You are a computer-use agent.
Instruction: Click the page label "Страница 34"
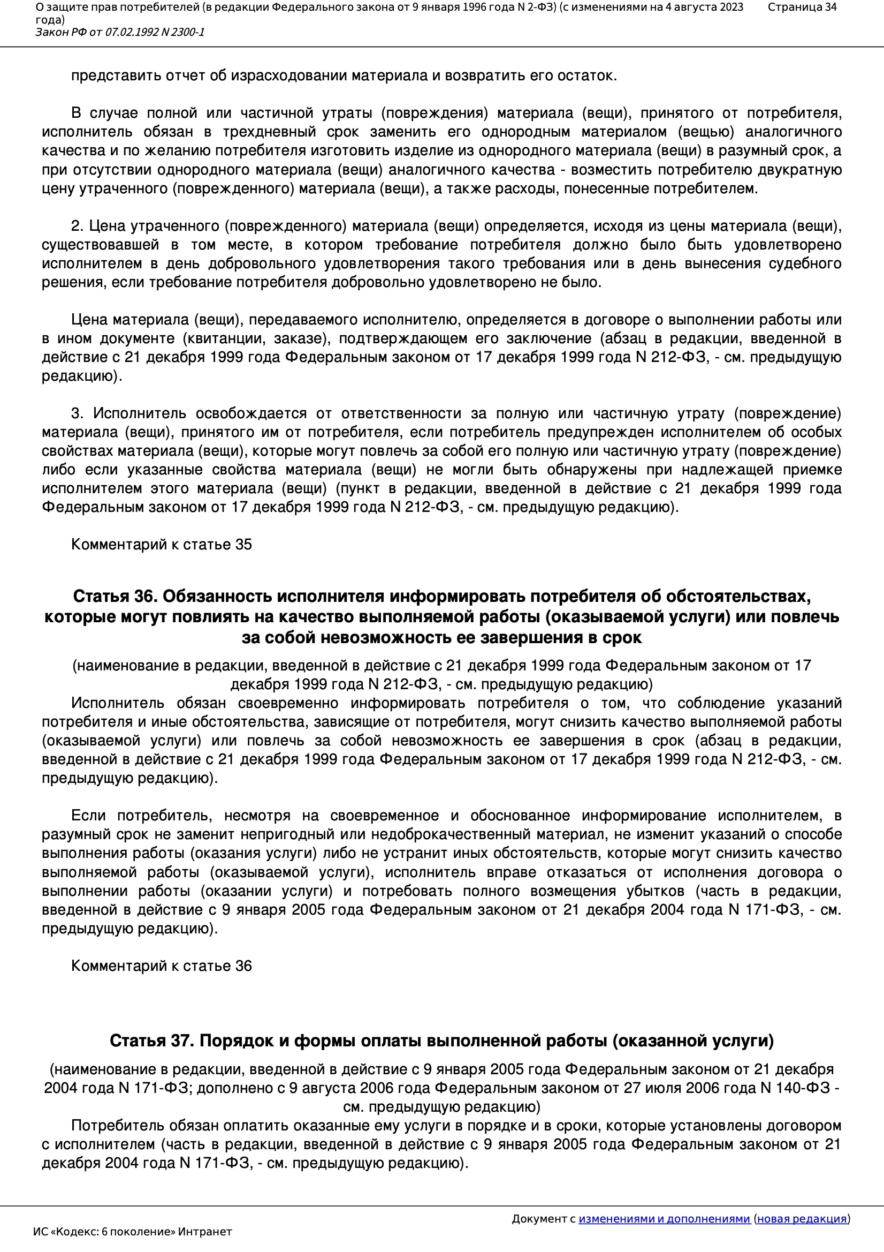click(x=802, y=7)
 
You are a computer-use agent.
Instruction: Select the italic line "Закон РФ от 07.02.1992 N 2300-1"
click(x=120, y=32)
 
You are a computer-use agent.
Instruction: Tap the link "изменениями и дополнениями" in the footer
click(x=664, y=1219)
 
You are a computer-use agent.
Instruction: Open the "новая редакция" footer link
click(x=802, y=1219)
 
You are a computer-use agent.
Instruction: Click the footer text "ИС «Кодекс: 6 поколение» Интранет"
click(x=132, y=1232)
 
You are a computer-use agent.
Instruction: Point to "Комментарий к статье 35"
click(x=161, y=544)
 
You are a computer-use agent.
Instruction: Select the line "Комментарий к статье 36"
click(x=161, y=966)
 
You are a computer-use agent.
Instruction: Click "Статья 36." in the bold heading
click(x=115, y=597)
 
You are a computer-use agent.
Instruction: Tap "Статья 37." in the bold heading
click(x=151, y=1041)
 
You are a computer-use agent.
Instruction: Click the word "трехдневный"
click(x=269, y=132)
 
